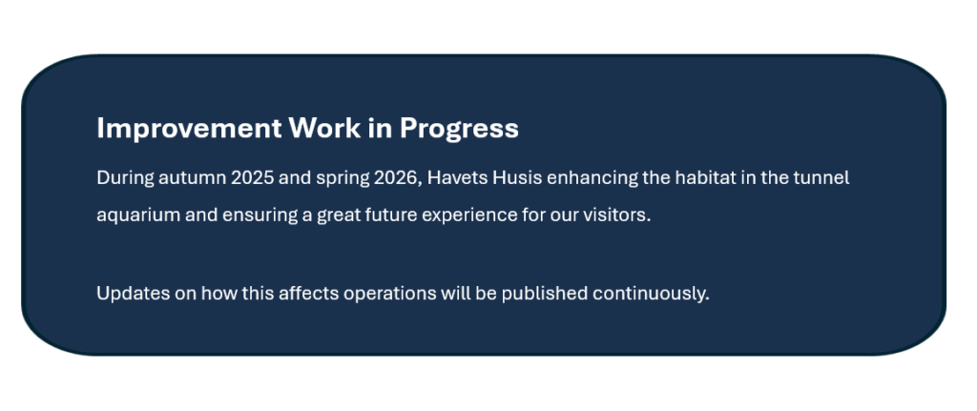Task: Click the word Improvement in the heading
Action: point(189,129)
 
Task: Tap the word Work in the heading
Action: point(324,128)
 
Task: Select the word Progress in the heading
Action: point(459,130)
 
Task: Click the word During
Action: point(125,178)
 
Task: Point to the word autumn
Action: point(193,178)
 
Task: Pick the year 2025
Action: point(252,178)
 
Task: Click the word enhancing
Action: point(592,178)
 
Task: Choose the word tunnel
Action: point(821,178)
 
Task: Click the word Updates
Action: point(134,294)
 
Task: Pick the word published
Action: point(545,294)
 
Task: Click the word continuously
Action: point(651,294)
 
